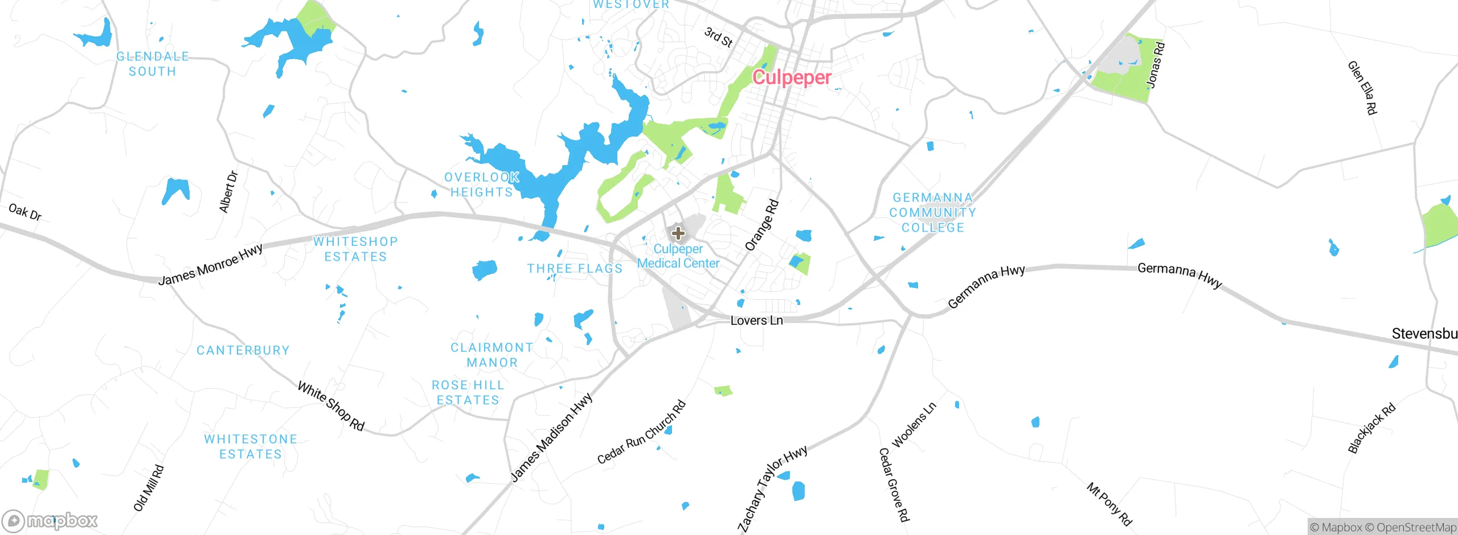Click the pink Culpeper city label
click(792, 77)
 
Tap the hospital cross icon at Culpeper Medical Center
click(678, 233)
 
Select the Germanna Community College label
click(933, 212)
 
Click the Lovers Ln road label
click(756, 320)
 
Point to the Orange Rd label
click(761, 225)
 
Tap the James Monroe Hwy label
click(210, 265)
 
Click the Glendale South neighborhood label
click(152, 64)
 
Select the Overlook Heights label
click(481, 185)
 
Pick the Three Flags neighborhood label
click(575, 269)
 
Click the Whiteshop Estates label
click(355, 249)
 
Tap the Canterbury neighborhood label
click(243, 350)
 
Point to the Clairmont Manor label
click(492, 355)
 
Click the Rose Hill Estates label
click(468, 393)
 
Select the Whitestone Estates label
click(251, 447)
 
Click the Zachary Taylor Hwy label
click(772, 488)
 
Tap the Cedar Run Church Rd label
click(641, 433)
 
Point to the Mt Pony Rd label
click(1109, 504)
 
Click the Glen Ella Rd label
click(1362, 88)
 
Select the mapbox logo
click(50, 520)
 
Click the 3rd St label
click(718, 37)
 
